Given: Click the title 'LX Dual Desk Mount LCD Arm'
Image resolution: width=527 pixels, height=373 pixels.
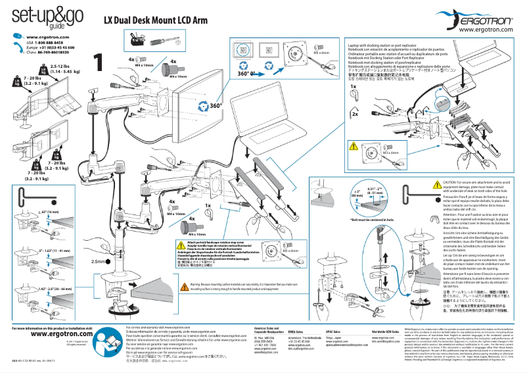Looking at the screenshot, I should (x=156, y=20).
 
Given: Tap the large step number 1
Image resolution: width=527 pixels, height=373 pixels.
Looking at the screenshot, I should (x=98, y=62).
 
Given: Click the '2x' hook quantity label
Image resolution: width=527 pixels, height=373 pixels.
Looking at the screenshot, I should (x=355, y=114).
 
